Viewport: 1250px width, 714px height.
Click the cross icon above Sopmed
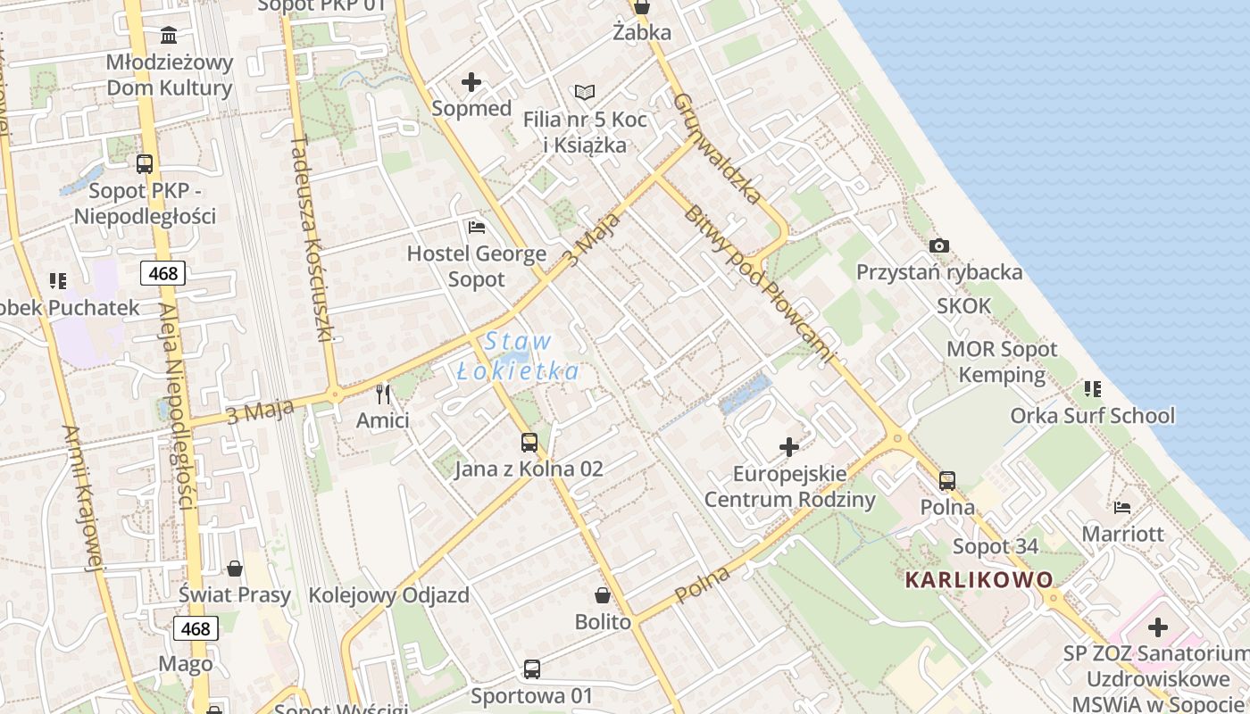coord(471,83)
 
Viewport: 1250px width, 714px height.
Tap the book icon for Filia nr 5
coord(585,92)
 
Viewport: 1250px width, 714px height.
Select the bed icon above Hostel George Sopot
coord(477,228)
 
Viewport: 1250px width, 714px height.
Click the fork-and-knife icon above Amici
coord(383,394)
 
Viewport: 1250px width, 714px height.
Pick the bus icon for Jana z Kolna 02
coord(529,442)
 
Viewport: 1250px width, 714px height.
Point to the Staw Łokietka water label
coord(518,356)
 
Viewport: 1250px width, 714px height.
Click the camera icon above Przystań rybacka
coord(939,245)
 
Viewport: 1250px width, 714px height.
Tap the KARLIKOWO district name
coord(979,580)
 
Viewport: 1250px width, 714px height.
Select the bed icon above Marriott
coord(1122,508)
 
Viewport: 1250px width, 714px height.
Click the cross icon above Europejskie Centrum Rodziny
coord(789,446)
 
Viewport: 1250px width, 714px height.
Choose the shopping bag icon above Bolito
coord(603,595)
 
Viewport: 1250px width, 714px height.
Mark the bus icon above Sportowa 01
coord(532,668)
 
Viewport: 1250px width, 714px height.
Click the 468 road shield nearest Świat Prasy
coord(196,629)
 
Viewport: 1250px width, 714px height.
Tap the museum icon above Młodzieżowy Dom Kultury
coord(169,35)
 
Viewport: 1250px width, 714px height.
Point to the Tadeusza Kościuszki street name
coord(312,238)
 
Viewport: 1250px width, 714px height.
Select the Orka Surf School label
coord(1092,416)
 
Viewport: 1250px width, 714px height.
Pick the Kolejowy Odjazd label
coord(388,595)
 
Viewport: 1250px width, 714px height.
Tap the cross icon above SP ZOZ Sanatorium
coord(1158,627)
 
